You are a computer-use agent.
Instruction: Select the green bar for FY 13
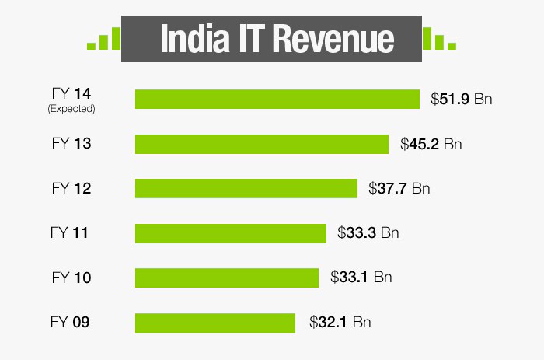[x=262, y=144]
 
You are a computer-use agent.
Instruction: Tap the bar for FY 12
[x=246, y=188]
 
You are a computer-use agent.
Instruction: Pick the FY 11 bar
[x=231, y=232]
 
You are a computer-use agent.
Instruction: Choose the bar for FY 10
[x=227, y=278]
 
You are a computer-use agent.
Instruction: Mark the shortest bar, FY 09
[x=215, y=322]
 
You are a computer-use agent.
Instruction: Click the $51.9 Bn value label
[x=462, y=100]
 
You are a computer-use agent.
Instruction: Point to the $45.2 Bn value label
[x=431, y=144]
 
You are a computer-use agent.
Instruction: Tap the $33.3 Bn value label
[x=368, y=232]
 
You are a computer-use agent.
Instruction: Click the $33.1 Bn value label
[x=361, y=278]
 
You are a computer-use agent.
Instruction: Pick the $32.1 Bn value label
[x=340, y=322]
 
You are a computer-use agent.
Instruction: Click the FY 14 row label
[x=71, y=94]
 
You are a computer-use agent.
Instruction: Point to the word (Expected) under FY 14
[x=71, y=109]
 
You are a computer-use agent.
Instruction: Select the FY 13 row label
[x=71, y=144]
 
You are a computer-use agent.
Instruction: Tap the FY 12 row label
[x=71, y=188]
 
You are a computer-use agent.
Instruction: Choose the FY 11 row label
[x=71, y=232]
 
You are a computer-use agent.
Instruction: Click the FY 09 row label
[x=71, y=322]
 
